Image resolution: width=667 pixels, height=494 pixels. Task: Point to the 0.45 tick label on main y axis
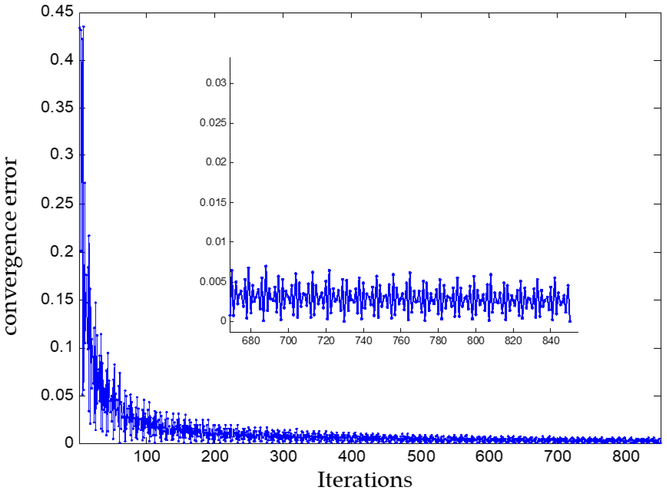point(57,11)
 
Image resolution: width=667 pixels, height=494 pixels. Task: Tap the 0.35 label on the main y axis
point(57,107)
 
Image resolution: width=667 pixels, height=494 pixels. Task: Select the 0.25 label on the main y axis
point(57,203)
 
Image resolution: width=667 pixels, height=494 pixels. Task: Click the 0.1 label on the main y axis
point(61,347)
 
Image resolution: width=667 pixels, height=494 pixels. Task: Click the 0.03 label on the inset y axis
point(216,82)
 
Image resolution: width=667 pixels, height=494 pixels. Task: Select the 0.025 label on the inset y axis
point(213,123)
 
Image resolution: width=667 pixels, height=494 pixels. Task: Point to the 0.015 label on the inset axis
point(213,203)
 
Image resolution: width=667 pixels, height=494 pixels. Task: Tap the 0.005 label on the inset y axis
point(213,281)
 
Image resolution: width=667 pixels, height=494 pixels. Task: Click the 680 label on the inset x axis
point(251,341)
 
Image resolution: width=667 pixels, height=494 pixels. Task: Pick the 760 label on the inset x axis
point(401,341)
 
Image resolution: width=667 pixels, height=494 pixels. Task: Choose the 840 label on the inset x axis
point(551,341)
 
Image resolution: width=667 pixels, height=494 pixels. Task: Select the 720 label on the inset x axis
point(326,341)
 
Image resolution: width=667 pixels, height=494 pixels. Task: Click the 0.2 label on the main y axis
point(61,251)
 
